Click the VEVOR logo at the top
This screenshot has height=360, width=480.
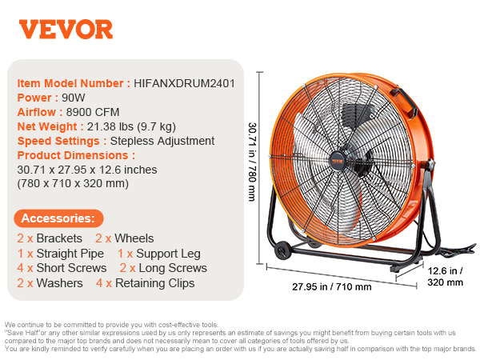(66, 30)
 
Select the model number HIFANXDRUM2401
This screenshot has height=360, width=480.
(184, 83)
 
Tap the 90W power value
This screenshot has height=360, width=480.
(74, 98)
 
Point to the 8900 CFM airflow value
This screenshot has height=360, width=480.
(93, 112)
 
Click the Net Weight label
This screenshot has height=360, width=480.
(50, 126)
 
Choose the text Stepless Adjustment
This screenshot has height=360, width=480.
(162, 141)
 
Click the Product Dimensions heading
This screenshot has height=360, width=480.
(76, 155)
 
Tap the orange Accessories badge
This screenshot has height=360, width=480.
(58, 218)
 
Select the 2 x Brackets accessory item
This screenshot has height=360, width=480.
(50, 238)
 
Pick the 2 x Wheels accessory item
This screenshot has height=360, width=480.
(125, 238)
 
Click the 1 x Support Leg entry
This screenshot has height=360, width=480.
(159, 254)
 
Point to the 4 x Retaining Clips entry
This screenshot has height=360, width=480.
(145, 283)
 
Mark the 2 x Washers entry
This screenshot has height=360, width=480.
(50, 283)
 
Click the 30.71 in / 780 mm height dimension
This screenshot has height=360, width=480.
(252, 162)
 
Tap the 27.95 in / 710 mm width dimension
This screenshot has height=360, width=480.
(332, 287)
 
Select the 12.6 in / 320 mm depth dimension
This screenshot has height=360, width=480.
(446, 277)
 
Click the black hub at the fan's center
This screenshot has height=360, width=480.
(338, 161)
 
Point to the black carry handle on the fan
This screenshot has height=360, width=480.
(404, 101)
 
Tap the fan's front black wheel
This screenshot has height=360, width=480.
(282, 250)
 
